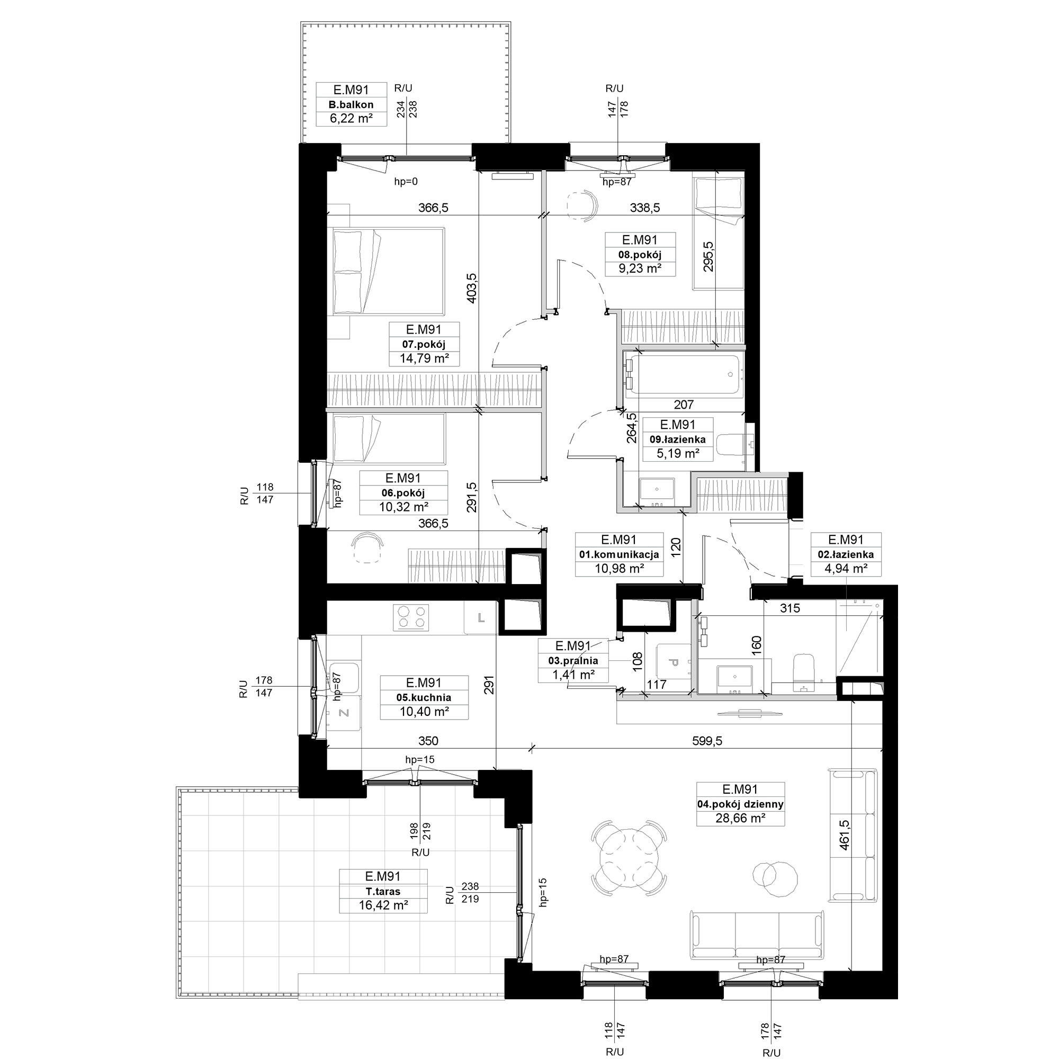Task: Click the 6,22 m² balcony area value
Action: (x=351, y=119)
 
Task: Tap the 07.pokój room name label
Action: (x=424, y=344)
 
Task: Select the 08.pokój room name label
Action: (x=640, y=254)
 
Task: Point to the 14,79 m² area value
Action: (x=424, y=358)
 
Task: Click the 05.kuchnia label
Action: (x=424, y=697)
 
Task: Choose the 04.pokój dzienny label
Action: (x=740, y=804)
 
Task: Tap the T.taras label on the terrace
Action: (x=383, y=891)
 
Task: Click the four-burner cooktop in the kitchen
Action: (x=411, y=617)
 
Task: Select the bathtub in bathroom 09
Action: (x=684, y=375)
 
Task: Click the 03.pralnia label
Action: (x=573, y=661)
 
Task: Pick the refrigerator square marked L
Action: (x=481, y=618)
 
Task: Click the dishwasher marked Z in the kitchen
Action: (x=344, y=713)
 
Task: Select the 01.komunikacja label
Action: (x=619, y=555)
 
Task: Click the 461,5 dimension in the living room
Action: (x=845, y=835)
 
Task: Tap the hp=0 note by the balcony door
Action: (x=406, y=182)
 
